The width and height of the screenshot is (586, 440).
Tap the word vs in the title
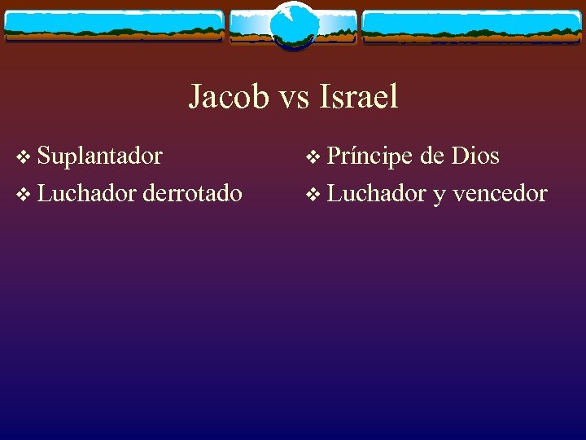click(x=295, y=99)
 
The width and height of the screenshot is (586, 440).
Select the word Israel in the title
click(x=359, y=97)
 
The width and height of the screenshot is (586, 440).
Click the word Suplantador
click(x=99, y=156)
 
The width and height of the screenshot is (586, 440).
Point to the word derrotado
click(x=192, y=193)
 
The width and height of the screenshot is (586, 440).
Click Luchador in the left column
click(x=87, y=193)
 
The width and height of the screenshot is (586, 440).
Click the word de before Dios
click(x=431, y=156)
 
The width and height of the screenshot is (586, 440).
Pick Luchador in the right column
click(x=377, y=193)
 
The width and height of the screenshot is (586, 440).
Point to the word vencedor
click(x=500, y=193)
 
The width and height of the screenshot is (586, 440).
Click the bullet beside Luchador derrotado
click(x=23, y=195)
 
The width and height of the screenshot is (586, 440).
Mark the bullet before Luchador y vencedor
click(x=313, y=195)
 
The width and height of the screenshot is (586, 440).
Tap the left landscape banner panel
click(x=113, y=26)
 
